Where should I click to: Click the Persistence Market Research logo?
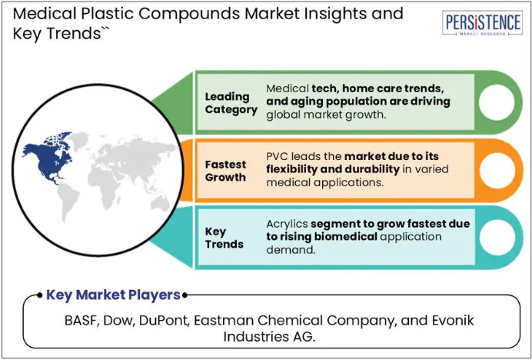pos(482,23)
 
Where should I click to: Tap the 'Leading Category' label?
pos(231,103)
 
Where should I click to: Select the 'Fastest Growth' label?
pos(225,171)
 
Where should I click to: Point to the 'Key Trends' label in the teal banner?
pos(224,238)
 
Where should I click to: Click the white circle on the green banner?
pos(496,102)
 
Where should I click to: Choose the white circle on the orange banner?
pos(497,170)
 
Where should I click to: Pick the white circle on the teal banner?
pos(497,238)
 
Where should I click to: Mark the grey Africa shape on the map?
pos(103,183)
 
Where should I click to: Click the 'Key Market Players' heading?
pos(113,295)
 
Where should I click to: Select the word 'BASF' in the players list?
pos(81,321)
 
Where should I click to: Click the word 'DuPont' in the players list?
pos(164,321)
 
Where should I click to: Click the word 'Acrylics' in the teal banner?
pos(287,225)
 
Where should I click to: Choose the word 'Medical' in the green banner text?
pos(288,88)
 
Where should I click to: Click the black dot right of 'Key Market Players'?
pos(185,295)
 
